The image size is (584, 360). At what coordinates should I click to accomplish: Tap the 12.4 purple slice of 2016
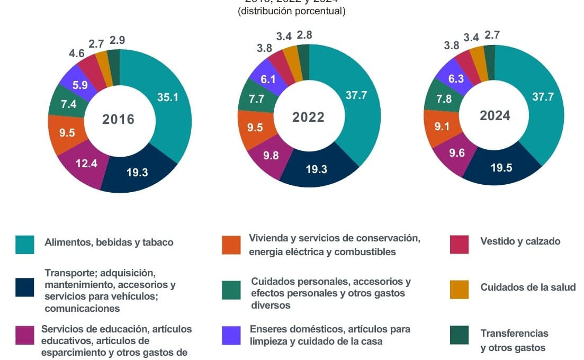pyautogui.click(x=86, y=164)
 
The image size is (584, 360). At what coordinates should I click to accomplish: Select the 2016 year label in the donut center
pyautogui.click(x=118, y=119)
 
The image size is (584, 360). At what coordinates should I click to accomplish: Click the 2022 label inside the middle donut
pyautogui.click(x=308, y=117)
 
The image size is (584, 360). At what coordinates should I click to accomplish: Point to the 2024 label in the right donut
pyautogui.click(x=495, y=115)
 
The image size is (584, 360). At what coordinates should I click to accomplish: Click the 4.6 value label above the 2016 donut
pyautogui.click(x=77, y=53)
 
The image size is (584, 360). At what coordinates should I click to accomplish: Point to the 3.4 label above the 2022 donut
pyautogui.click(x=284, y=37)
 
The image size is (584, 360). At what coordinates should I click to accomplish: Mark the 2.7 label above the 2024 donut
pyautogui.click(x=492, y=35)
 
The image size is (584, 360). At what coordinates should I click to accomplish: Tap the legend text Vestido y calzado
pyautogui.click(x=520, y=241)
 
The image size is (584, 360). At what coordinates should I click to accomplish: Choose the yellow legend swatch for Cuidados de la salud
pyautogui.click(x=459, y=289)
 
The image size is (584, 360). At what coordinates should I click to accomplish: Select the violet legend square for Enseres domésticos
pyautogui.click(x=232, y=335)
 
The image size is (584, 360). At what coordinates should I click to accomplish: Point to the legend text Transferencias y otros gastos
pyautogui.click(x=514, y=340)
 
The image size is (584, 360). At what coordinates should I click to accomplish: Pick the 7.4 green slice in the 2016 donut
pyautogui.click(x=69, y=104)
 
